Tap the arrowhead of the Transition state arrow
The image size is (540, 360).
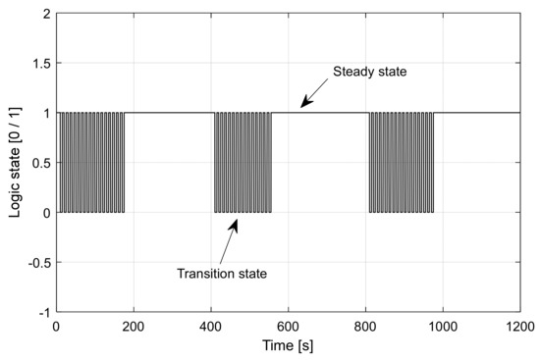click(x=236, y=220)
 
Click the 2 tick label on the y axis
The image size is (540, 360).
click(x=48, y=15)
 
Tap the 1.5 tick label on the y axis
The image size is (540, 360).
click(x=44, y=64)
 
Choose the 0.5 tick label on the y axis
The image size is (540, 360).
click(x=44, y=163)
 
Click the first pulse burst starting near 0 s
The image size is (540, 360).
click(x=91, y=163)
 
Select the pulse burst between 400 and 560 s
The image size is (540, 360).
click(x=243, y=163)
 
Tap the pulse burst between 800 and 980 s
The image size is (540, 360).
click(x=401, y=163)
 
